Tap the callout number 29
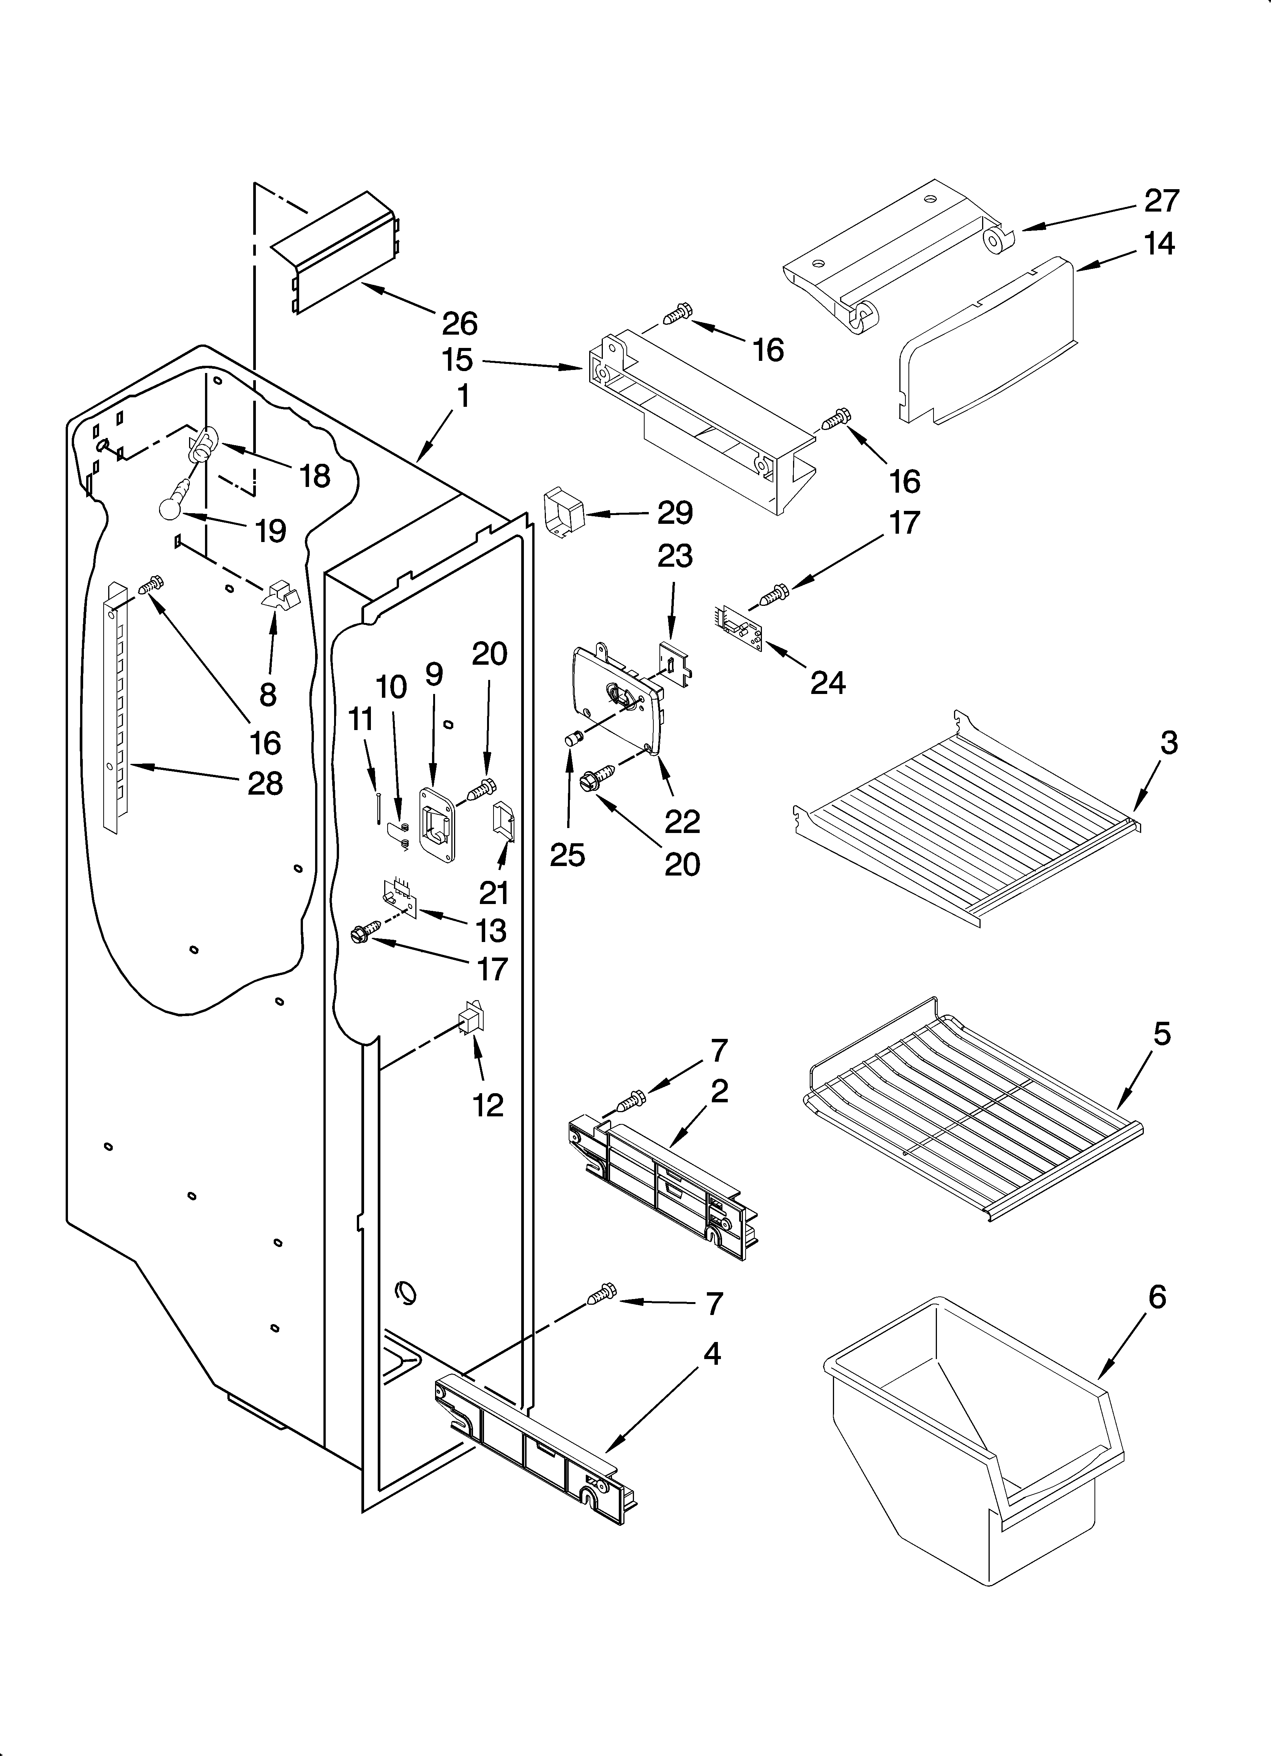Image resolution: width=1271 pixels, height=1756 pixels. [675, 512]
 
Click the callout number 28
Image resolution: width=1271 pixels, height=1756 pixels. [265, 784]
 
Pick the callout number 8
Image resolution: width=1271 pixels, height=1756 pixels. [268, 694]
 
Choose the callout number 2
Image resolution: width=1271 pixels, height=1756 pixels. [719, 1092]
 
